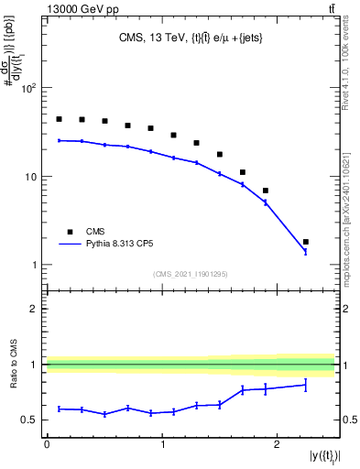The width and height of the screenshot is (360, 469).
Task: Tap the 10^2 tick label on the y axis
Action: click(28, 89)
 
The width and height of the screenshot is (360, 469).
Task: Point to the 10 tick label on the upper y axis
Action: click(30, 177)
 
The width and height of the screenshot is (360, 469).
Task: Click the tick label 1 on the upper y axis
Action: click(34, 265)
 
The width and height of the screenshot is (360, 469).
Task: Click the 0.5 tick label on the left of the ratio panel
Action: click(29, 420)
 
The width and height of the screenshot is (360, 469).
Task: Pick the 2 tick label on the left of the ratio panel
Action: click(34, 309)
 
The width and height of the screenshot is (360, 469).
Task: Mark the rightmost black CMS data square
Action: click(306, 242)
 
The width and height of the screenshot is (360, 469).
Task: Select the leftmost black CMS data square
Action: click(59, 119)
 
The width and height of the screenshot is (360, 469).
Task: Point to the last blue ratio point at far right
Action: click(306, 385)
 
